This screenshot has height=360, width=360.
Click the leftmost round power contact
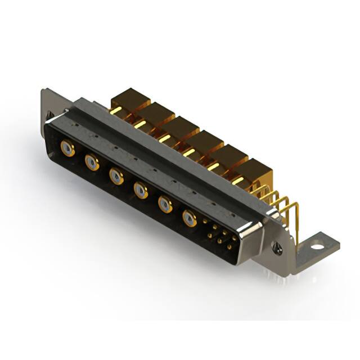tap(67, 149)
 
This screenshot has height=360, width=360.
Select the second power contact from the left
tap(92, 163)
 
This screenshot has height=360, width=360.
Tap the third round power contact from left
tap(116, 177)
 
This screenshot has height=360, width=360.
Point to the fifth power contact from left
tap(165, 204)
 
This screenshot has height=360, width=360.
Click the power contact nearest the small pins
tap(190, 218)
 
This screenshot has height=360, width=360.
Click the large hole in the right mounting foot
tap(319, 245)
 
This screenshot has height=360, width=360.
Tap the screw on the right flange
tap(276, 246)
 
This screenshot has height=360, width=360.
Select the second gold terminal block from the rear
tap(156, 115)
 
